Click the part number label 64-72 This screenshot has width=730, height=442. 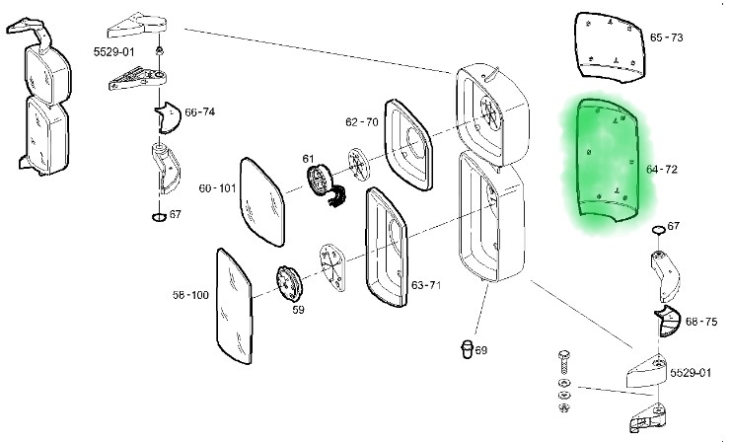click(662, 170)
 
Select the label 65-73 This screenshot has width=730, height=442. click(666, 37)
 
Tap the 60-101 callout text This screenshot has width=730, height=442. click(217, 187)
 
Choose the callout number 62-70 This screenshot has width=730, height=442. click(362, 122)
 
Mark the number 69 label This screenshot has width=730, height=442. click(480, 350)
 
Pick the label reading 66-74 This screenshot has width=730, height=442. click(199, 112)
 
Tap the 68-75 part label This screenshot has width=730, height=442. click(700, 322)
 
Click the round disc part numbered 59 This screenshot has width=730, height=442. click(287, 283)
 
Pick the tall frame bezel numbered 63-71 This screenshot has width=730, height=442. click(388, 248)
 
